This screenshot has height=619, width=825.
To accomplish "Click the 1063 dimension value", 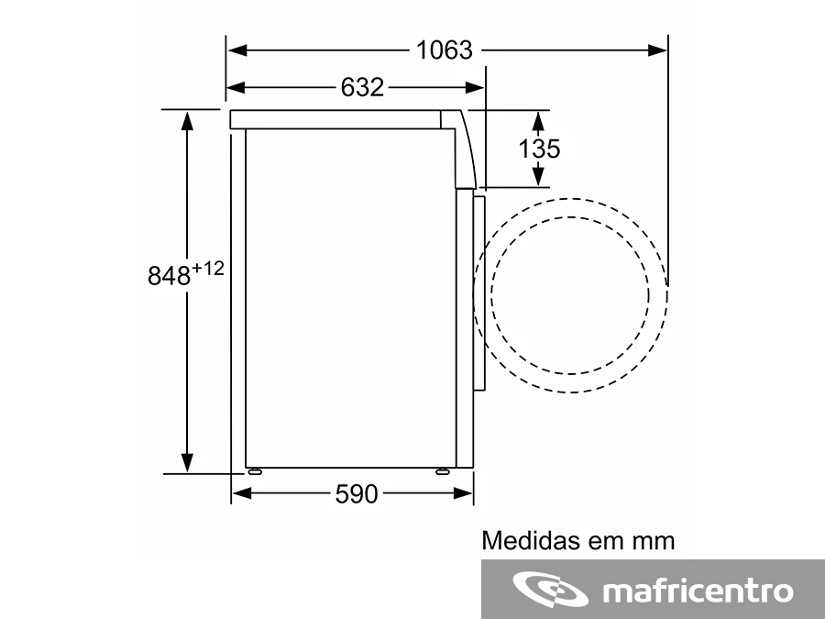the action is (x=445, y=50).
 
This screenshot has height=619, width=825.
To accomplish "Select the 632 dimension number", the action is (x=362, y=87).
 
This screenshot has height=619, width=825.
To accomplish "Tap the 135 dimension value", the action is (x=539, y=149).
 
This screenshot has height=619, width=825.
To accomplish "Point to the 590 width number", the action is (x=357, y=493).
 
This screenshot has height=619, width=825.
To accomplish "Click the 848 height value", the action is (x=169, y=275).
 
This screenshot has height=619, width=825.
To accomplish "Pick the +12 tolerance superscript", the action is (x=208, y=269).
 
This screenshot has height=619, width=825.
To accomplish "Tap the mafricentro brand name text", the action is (x=698, y=591).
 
